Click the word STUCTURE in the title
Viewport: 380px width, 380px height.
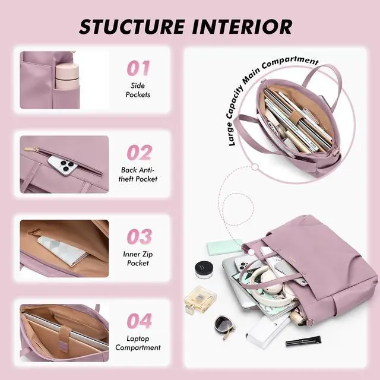[132, 26]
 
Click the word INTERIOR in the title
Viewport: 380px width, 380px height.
[242, 26]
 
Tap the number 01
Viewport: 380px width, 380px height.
[138, 68]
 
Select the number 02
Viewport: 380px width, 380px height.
[140, 153]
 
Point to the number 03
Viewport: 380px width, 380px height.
[140, 236]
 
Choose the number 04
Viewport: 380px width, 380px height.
[140, 321]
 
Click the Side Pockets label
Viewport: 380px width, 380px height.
[138, 90]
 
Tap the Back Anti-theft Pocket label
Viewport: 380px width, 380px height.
[138, 174]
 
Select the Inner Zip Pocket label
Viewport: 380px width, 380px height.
[138, 258]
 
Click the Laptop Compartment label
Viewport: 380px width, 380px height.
[138, 343]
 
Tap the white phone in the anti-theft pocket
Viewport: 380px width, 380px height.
[62, 165]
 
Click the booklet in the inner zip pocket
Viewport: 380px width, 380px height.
[62, 251]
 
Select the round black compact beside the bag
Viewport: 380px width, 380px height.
[204, 269]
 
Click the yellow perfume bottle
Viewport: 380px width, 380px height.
[200, 300]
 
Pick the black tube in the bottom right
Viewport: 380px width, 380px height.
[303, 341]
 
